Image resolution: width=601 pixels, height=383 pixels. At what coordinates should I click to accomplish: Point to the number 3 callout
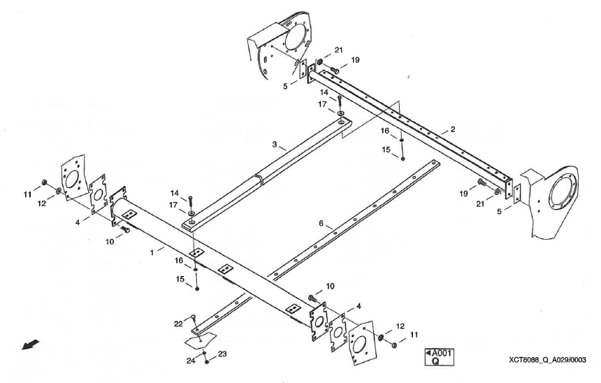tap(275, 146)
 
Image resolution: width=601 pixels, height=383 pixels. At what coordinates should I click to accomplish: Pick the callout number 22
tap(179, 324)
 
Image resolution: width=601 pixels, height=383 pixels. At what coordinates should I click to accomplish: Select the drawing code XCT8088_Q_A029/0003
tap(548, 359)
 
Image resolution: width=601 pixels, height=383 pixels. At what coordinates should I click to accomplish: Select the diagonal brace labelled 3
tap(266, 175)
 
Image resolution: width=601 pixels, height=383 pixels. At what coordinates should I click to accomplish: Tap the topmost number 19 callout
tap(355, 61)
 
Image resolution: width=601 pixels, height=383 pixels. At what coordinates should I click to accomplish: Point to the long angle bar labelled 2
tap(419, 133)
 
